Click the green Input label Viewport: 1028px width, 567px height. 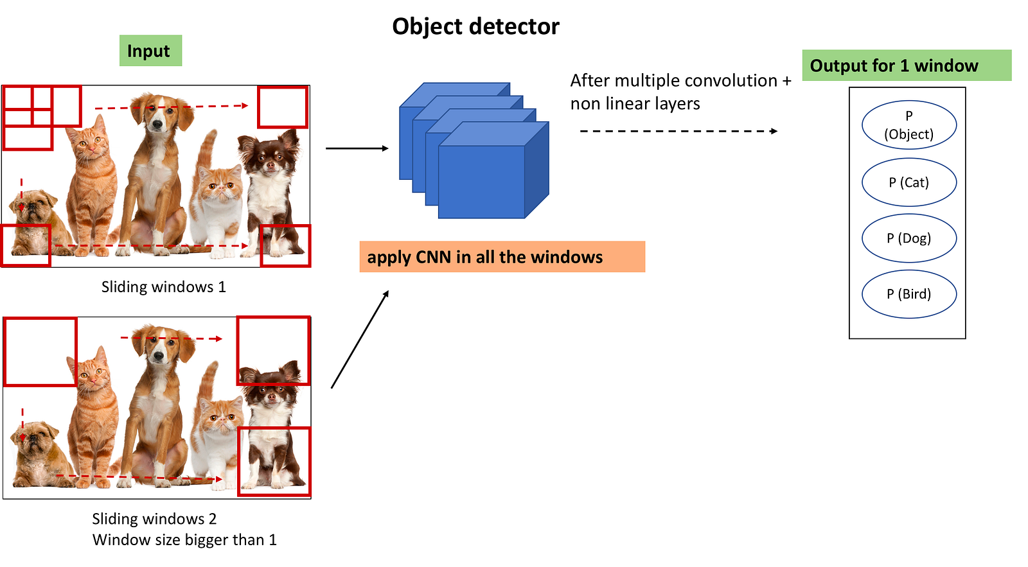click(x=150, y=51)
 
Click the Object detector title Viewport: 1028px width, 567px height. click(x=476, y=26)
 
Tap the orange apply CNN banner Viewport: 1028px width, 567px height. click(x=502, y=257)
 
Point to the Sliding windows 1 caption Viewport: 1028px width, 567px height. click(x=164, y=287)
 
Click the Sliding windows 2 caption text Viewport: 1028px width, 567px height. click(x=154, y=519)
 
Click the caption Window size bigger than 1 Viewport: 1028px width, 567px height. click(x=184, y=540)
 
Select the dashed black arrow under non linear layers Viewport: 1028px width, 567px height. click(x=678, y=131)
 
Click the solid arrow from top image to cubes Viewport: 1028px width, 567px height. click(x=357, y=148)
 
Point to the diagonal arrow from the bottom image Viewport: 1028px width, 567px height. click(x=360, y=340)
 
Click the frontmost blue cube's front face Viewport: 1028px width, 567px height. click(x=481, y=182)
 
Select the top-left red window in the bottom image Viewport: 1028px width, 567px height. click(x=4, y=351)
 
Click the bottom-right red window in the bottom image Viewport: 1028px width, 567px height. click(x=238, y=462)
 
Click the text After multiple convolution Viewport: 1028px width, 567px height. click(x=674, y=81)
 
